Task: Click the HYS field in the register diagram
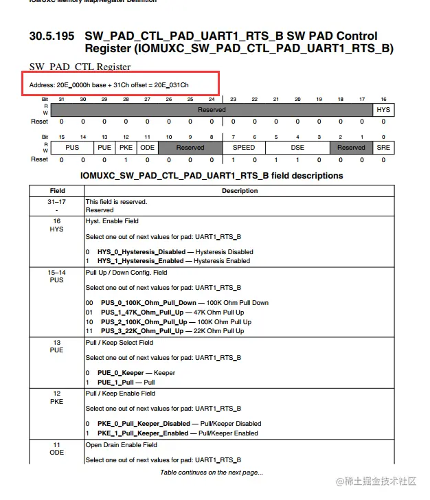[383, 110]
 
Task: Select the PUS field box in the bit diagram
[72, 148]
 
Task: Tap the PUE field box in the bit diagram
[105, 148]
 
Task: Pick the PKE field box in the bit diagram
[126, 148]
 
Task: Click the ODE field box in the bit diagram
[147, 148]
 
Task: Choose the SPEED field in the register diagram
[244, 148]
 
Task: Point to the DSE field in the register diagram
[297, 148]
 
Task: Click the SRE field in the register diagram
[383, 148]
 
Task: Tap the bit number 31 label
[62, 100]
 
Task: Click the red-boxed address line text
[109, 84]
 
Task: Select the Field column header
[57, 191]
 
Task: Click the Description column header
[240, 191]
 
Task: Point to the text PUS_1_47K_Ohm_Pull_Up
[142, 312]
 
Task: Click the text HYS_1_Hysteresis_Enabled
[144, 261]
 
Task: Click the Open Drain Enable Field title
[122, 445]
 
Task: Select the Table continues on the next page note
[212, 473]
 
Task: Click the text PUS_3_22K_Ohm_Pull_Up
[142, 331]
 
